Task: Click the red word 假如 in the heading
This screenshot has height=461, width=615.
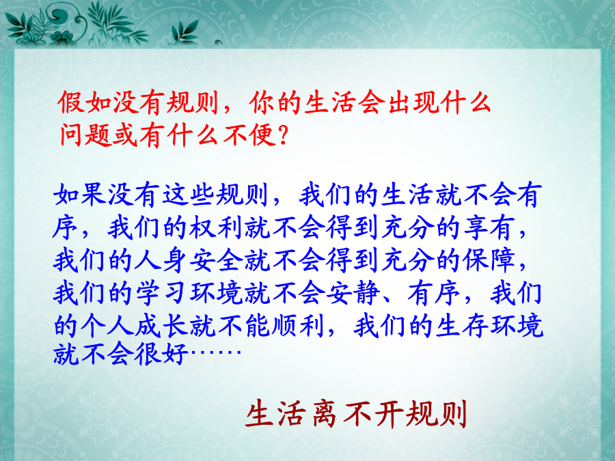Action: point(83,102)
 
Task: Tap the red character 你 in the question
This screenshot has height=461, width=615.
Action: point(262,102)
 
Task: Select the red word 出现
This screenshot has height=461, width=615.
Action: point(413,102)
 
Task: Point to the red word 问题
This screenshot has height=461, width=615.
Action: point(85,135)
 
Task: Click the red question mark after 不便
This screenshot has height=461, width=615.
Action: point(282,136)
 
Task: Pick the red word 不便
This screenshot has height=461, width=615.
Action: point(249,135)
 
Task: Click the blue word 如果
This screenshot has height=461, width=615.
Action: point(80,195)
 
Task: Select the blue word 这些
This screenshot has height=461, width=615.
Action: point(188,195)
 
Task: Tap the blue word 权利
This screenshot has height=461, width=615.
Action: point(216,227)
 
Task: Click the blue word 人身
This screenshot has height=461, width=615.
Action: point(161,261)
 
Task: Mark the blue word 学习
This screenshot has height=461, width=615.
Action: point(161,294)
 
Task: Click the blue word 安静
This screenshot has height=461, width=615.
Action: point(353,294)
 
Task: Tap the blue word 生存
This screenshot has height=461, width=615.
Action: point(462,326)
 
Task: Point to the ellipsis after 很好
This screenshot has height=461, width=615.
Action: point(215,352)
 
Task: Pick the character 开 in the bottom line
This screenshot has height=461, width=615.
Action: point(389,414)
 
